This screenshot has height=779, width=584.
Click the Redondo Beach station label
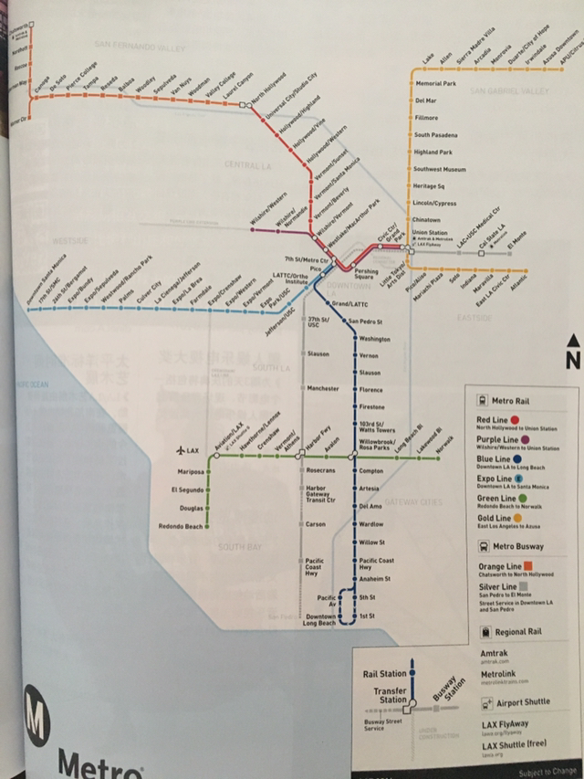coord(180,527)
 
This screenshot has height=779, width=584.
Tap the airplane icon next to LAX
coord(180,451)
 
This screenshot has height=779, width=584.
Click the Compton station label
coord(371,471)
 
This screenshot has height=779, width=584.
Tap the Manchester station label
coord(323,388)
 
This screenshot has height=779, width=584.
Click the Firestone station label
coord(372,406)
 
